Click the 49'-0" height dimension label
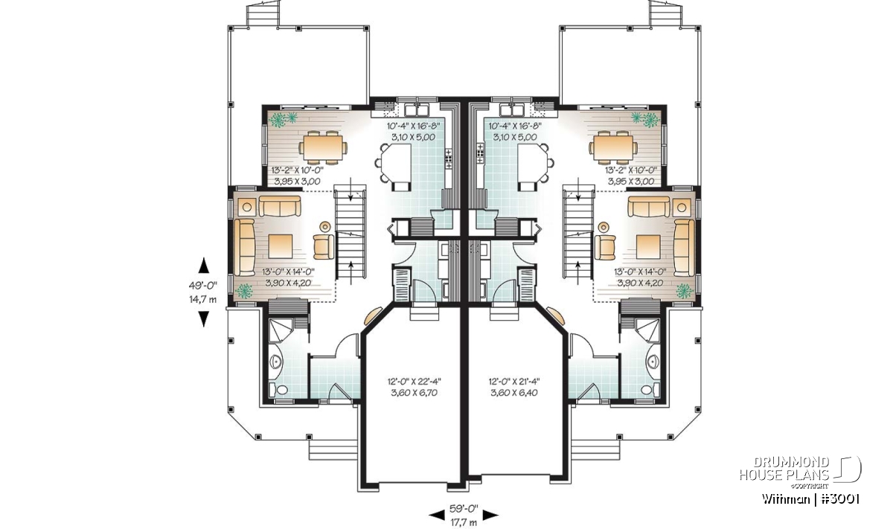pos(203,285)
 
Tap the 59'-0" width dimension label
pos(464,509)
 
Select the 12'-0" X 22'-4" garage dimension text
pos(415,381)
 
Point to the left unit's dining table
pos(322,147)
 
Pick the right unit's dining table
pos(612,147)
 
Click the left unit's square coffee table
pos(281,246)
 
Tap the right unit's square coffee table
pos(649,246)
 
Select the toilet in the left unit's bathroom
pos(278,389)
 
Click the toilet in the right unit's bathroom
pos(650,389)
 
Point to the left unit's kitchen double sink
pos(416,109)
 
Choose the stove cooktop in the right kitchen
pos(479,153)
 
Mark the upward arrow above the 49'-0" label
pos(204,266)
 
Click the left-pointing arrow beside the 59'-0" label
pos(437,515)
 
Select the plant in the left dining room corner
pos(282,119)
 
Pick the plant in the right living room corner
pos(685,291)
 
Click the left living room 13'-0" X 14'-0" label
pos(288,272)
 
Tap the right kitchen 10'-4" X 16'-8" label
pos(515,126)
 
